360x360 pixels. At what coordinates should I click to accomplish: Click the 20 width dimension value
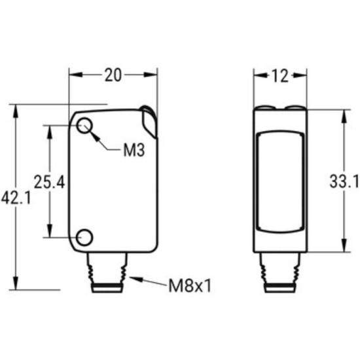(113, 75)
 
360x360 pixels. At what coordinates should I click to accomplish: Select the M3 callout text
(133, 151)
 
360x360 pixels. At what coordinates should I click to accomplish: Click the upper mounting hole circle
(84, 126)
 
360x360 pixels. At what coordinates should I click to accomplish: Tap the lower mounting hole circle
(84, 236)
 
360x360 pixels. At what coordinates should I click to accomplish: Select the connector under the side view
(280, 271)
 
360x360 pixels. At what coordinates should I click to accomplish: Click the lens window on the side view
(280, 181)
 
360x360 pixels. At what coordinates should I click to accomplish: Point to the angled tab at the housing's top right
(149, 120)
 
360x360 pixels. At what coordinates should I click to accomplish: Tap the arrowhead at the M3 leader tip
(94, 135)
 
